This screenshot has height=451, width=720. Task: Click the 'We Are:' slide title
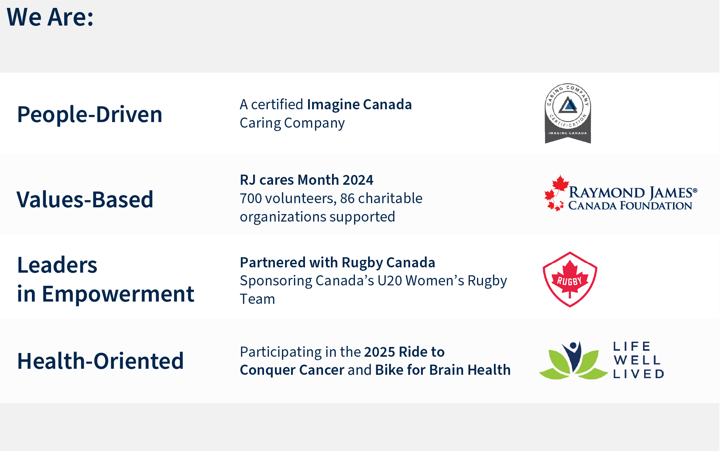pos(50,17)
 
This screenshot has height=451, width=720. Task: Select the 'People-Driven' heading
pos(90,114)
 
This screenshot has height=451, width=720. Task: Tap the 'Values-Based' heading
pos(85,199)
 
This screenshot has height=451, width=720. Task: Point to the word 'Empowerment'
pos(118,294)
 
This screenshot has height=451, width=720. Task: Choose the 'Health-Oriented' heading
pos(101,361)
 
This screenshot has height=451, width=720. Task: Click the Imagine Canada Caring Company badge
pos(568,113)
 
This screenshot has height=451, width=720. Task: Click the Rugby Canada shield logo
pos(570,279)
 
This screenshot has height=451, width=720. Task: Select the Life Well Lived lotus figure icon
pos(573,360)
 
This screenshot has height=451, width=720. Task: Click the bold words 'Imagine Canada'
pos(359,104)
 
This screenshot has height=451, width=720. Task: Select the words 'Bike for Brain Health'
pos(443,370)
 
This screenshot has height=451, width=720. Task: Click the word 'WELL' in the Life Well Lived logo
pos(637,360)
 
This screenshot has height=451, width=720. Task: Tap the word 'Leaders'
pos(57,265)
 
